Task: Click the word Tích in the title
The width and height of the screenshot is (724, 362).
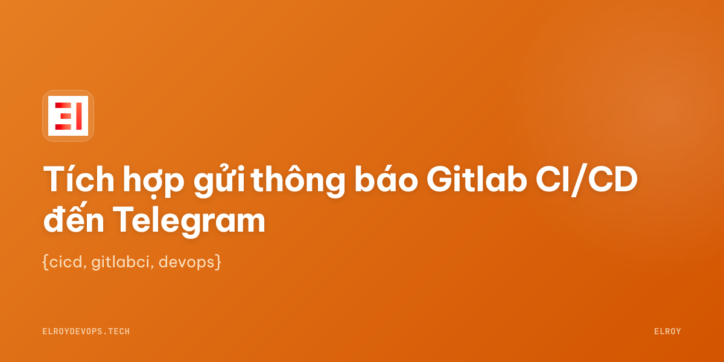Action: click(x=79, y=179)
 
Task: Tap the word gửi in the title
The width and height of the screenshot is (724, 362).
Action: click(x=219, y=181)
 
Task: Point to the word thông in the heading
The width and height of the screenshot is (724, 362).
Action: click(x=298, y=181)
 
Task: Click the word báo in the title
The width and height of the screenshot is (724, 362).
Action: click(x=386, y=179)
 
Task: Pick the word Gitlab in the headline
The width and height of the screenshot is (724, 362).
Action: click(x=477, y=179)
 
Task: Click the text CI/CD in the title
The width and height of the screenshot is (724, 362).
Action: click(x=586, y=180)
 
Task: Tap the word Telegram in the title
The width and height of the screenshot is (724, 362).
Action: click(x=189, y=222)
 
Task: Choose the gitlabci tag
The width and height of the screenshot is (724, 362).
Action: click(x=121, y=262)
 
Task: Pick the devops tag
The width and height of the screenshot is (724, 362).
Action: click(x=187, y=262)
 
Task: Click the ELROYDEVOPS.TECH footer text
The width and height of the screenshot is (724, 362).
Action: click(x=86, y=331)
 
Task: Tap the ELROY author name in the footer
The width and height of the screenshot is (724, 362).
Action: click(x=667, y=331)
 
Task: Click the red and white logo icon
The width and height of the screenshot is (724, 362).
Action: click(x=68, y=116)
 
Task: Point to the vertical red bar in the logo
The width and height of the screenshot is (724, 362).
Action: click(x=79, y=116)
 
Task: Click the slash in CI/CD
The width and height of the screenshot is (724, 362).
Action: click(x=579, y=180)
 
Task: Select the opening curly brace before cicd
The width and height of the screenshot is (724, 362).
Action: click(x=46, y=262)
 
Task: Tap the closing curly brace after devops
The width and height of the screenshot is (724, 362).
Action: click(x=218, y=262)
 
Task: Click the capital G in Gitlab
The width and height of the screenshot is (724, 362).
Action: click(x=441, y=179)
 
